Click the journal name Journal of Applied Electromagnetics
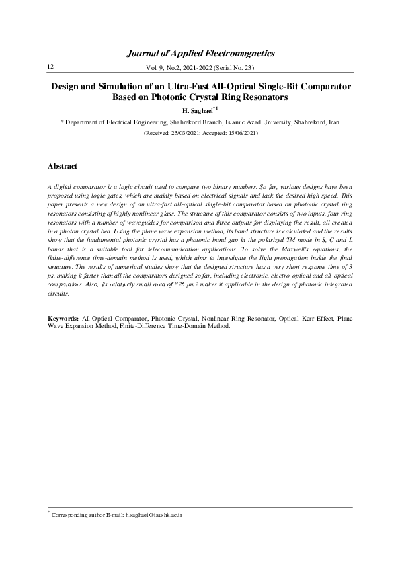[x=200, y=53]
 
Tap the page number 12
[x=50, y=66]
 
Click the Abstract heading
[x=63, y=166]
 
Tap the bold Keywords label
[x=64, y=316]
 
